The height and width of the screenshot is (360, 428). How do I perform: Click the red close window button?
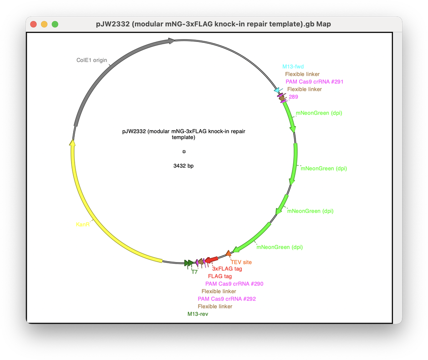point(33,24)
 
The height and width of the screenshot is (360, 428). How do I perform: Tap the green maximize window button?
point(55,24)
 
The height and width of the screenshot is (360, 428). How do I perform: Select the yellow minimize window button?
point(44,24)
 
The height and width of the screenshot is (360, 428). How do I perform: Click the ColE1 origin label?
point(92,60)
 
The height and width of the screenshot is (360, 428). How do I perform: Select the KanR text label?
point(83,224)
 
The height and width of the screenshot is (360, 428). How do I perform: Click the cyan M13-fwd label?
point(293,66)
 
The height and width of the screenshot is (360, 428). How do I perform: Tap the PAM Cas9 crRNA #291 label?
point(315,81)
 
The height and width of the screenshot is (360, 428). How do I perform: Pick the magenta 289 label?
point(293,97)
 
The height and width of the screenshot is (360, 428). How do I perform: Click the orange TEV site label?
point(241,262)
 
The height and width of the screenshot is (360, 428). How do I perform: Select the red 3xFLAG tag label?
point(227,269)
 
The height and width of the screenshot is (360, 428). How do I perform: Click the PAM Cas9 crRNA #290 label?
point(234,284)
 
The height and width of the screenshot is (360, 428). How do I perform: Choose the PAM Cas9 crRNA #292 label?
point(227,299)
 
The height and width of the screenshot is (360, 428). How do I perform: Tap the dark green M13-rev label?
point(198,314)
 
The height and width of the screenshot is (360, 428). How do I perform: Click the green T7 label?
point(194,272)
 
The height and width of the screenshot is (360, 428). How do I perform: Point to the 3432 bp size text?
point(183,166)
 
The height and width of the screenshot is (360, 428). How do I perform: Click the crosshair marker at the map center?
point(184,152)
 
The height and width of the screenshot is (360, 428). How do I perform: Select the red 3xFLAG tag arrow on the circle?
point(211,259)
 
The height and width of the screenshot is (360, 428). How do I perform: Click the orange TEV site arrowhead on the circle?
point(228,254)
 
